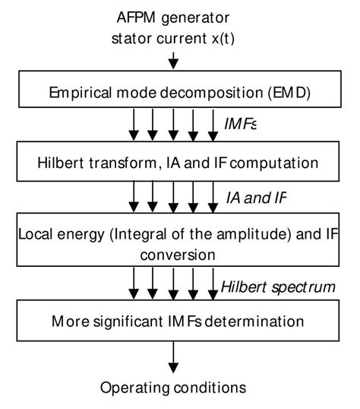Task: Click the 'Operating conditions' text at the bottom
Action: [x=174, y=388]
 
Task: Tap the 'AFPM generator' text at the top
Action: [x=174, y=17]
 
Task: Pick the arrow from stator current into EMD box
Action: [x=174, y=59]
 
